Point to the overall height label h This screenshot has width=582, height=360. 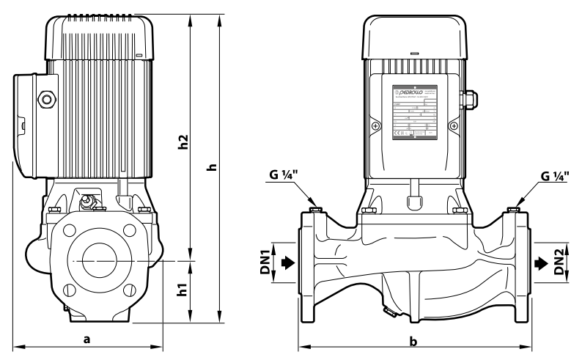tap(213, 167)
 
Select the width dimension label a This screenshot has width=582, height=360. tap(87, 339)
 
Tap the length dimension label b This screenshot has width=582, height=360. tap(413, 342)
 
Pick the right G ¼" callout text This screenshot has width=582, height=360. tap(555, 176)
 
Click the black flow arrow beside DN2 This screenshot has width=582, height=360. tap(541, 262)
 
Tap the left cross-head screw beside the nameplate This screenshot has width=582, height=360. tap(375, 126)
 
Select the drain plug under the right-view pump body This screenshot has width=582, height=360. tap(388, 313)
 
